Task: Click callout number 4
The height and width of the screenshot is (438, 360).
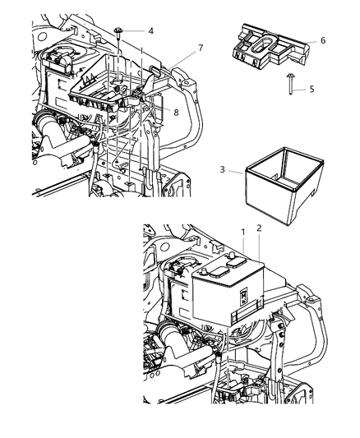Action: (x=150, y=30)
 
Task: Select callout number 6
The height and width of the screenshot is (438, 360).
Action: (x=323, y=39)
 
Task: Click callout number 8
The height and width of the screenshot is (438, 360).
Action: (x=176, y=108)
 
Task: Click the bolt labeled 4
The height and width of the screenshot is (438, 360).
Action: (x=120, y=31)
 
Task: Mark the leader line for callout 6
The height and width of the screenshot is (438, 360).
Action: (x=311, y=39)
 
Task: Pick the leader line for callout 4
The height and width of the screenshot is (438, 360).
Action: (x=136, y=30)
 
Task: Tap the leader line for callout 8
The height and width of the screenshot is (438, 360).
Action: (x=164, y=108)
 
